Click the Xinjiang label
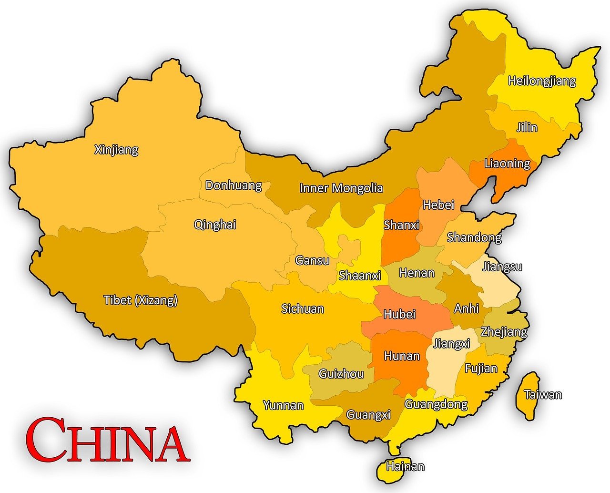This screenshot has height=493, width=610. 116,150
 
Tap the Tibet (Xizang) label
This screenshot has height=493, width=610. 141,300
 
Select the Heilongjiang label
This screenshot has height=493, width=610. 542,81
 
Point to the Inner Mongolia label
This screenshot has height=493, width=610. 341,188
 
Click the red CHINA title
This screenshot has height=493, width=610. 107,440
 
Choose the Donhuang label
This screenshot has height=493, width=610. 234,185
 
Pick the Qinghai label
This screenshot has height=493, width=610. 215,225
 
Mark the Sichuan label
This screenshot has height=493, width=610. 303,309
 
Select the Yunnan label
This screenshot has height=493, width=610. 284,406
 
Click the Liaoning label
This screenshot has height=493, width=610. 507,164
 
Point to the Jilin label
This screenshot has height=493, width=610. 527,127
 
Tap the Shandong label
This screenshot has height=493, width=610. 474,237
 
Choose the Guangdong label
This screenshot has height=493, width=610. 436,405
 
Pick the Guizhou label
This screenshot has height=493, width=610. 341,374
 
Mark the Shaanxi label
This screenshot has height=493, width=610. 360,276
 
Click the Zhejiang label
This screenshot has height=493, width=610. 504,332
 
